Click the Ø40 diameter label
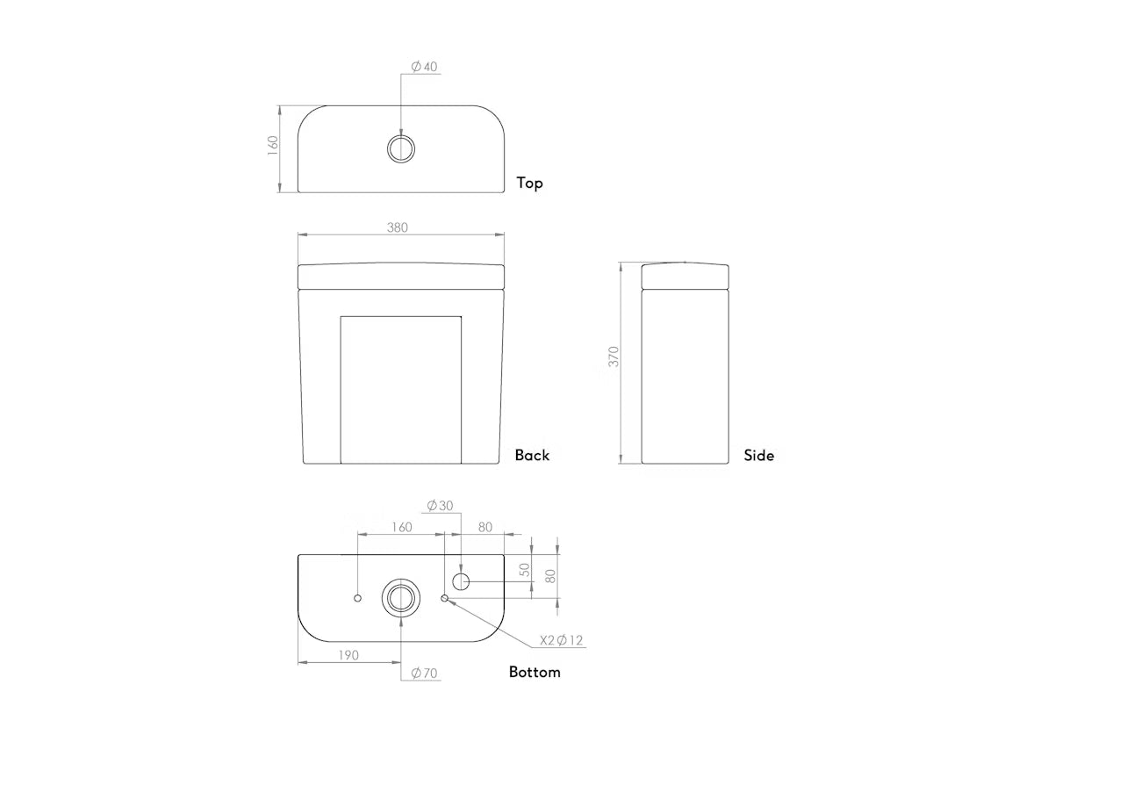tap(424, 67)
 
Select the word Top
tap(530, 183)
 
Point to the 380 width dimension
tap(398, 227)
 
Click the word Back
tap(532, 455)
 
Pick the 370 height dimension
tap(614, 357)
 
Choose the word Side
tap(758, 455)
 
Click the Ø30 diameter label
tap(440, 506)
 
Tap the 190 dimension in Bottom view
tap(348, 655)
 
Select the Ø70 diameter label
tap(424, 673)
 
